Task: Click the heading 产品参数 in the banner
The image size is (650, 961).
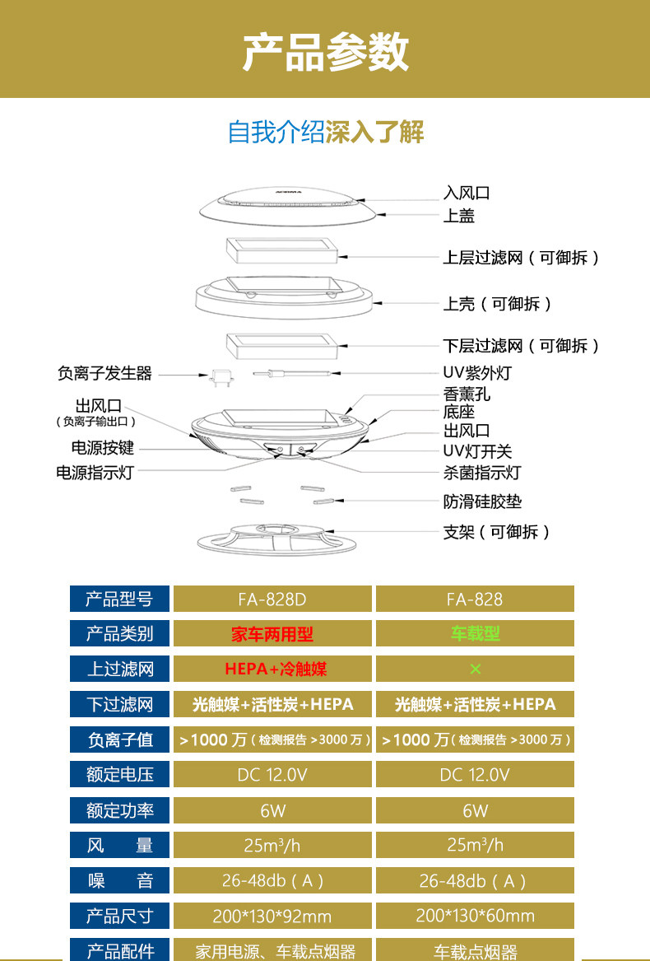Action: (325, 53)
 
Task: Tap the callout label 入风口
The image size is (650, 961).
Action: (467, 194)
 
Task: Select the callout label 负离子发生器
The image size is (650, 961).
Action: (104, 374)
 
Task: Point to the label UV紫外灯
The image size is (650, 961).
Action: (477, 373)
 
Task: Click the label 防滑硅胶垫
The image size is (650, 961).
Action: (482, 501)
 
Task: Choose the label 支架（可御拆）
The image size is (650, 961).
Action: (497, 532)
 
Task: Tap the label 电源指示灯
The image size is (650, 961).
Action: (94, 473)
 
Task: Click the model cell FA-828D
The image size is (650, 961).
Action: (272, 599)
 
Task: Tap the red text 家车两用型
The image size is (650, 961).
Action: (272, 634)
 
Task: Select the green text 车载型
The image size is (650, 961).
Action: (475, 634)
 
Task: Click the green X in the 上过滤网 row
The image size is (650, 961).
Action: (475, 669)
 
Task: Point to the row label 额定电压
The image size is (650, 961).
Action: (120, 774)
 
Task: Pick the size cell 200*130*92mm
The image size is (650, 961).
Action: (272, 916)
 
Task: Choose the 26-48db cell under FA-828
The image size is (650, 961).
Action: (475, 880)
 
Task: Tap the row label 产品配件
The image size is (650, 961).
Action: (120, 950)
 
